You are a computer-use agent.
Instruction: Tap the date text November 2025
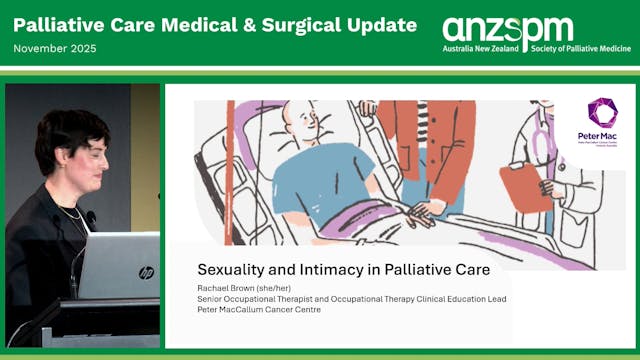pyautogui.click(x=56, y=49)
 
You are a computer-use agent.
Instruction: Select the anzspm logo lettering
pyautogui.click(x=507, y=29)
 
